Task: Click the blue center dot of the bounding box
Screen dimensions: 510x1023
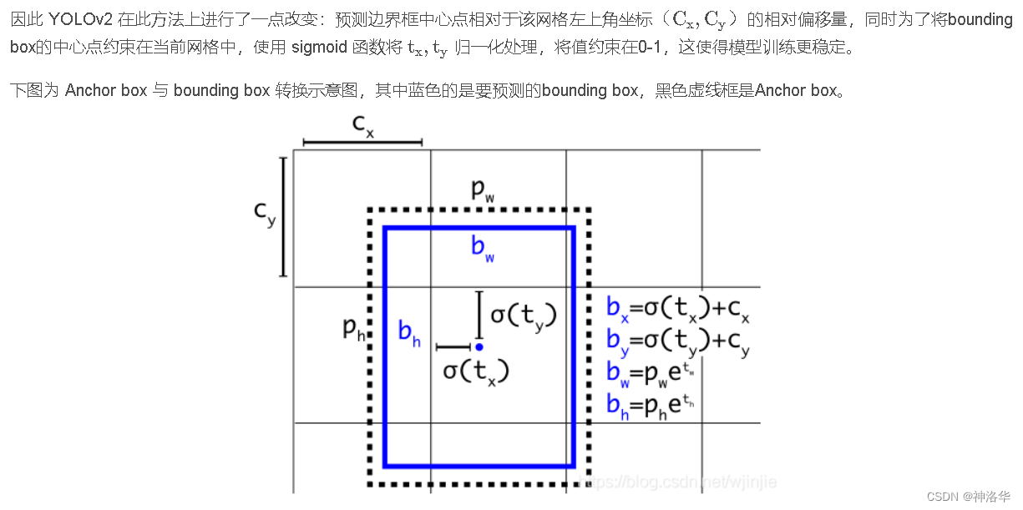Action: [479, 346]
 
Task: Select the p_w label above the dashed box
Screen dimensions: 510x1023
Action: [483, 190]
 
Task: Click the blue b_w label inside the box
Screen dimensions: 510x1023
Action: [483, 247]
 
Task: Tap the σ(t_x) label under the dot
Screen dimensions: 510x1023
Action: [475, 371]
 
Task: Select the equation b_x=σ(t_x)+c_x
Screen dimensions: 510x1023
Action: [677, 310]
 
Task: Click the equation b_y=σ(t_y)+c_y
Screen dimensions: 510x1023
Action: [677, 341]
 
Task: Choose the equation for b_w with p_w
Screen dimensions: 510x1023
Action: [650, 373]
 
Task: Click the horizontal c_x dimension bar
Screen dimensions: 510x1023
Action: [362, 144]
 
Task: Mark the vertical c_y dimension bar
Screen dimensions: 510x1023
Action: [284, 216]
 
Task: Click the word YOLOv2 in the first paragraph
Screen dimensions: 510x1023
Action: [80, 19]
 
